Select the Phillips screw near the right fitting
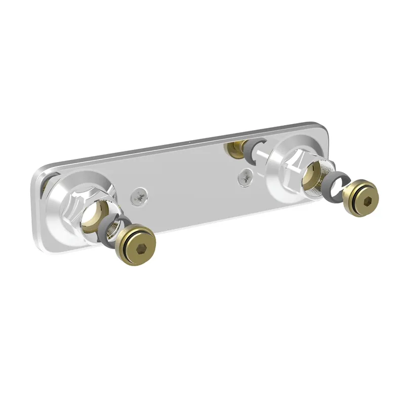tap(246, 177)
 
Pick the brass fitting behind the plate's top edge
tap(235, 148)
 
